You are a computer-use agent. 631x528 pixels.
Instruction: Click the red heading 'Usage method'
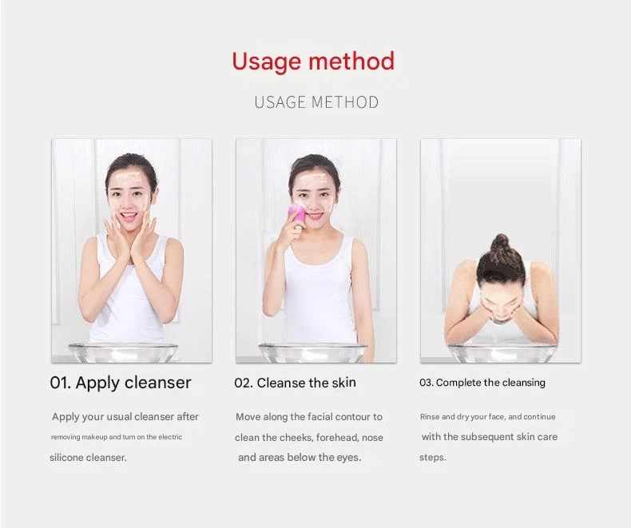(x=313, y=62)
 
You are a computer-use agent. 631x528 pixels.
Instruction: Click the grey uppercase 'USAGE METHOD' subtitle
(x=316, y=102)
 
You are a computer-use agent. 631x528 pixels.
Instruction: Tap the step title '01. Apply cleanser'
(x=121, y=383)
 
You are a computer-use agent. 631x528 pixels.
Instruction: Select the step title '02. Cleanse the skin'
(x=295, y=383)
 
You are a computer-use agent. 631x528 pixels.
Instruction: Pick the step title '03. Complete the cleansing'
(x=482, y=383)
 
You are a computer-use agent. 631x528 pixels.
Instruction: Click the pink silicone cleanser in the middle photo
(x=296, y=214)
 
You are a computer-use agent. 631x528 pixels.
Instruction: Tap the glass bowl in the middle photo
(x=312, y=352)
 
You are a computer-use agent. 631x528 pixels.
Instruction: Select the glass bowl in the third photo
(x=501, y=352)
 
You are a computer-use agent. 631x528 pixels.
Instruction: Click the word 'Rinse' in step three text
(x=430, y=417)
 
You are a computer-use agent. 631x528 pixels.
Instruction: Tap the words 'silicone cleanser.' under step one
(x=88, y=458)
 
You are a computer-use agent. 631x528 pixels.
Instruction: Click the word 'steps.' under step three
(x=432, y=458)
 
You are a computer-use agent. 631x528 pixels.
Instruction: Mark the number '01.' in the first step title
(x=61, y=383)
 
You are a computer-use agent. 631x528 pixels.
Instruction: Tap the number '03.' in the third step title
(x=426, y=383)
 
